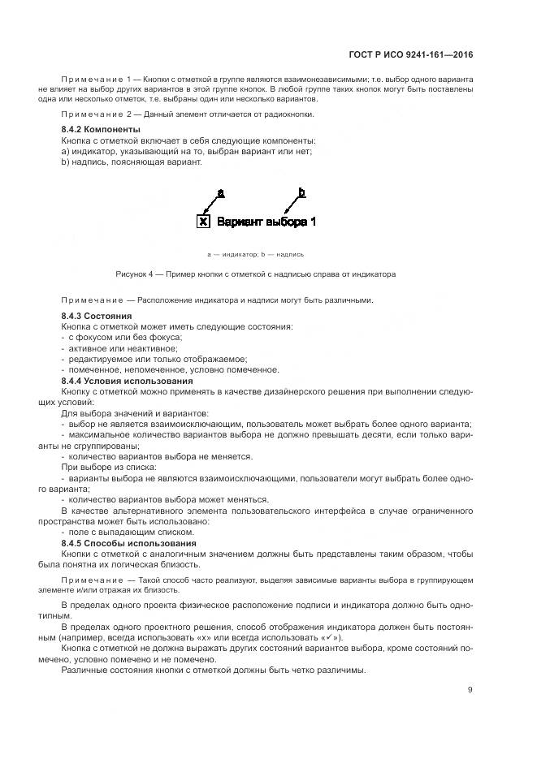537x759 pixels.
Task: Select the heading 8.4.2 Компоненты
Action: [101, 130]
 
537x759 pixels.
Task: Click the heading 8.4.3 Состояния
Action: [97, 316]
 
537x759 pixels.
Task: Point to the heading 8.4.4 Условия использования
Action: [127, 381]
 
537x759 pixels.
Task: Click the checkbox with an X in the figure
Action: [204, 221]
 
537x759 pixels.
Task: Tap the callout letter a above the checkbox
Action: [220, 192]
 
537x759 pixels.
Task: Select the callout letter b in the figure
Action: [301, 192]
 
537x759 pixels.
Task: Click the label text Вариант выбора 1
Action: [266, 221]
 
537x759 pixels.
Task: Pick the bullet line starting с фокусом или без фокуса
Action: [121, 337]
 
